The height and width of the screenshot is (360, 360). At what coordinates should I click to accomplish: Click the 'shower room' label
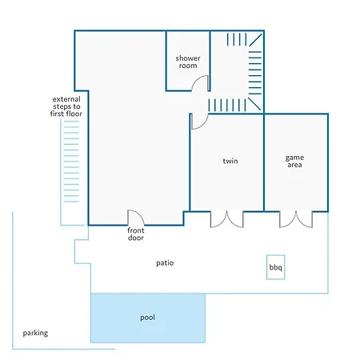click(x=188, y=62)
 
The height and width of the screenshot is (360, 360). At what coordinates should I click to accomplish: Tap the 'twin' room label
click(x=230, y=161)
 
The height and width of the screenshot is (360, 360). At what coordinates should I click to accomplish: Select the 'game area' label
click(x=294, y=161)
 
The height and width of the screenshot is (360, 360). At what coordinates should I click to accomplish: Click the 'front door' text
click(x=136, y=234)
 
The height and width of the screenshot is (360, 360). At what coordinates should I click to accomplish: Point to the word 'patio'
click(x=165, y=263)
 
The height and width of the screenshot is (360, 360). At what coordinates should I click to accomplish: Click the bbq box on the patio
click(x=276, y=267)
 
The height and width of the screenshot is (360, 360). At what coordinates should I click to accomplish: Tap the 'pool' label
click(x=147, y=318)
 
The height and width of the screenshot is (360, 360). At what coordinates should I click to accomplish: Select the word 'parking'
click(x=35, y=333)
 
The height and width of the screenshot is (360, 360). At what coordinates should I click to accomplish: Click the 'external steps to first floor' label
click(x=66, y=106)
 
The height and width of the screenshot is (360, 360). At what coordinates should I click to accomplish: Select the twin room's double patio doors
click(x=227, y=220)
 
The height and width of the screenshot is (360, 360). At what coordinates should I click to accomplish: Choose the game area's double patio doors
click(x=296, y=220)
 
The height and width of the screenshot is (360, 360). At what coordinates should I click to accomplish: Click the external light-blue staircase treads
click(x=71, y=162)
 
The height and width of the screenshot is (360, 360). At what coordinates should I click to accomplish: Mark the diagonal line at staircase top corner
click(x=255, y=40)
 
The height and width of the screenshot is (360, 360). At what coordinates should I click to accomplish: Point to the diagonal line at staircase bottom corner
click(x=254, y=104)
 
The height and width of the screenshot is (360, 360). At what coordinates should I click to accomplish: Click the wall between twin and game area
click(x=264, y=162)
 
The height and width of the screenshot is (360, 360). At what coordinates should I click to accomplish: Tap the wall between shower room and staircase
click(x=210, y=61)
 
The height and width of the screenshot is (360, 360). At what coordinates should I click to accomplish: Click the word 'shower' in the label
click(x=188, y=58)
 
